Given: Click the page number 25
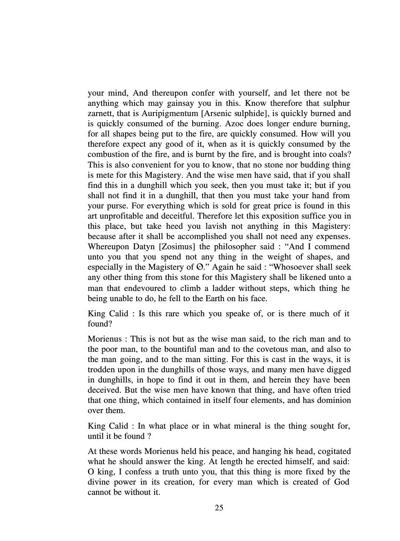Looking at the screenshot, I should click(x=219, y=508).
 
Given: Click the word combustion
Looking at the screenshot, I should click(x=108, y=154).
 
